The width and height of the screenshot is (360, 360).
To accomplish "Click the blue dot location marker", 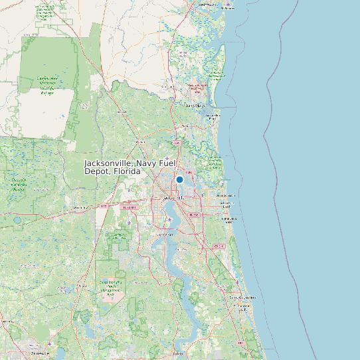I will coord(179,179).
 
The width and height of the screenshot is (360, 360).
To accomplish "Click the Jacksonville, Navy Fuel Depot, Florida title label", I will coord(112,167).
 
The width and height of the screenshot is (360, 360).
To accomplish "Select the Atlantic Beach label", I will coord(226,196).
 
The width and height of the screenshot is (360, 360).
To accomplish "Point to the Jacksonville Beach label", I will coord(229,220).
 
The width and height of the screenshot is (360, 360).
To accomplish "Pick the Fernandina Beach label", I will coord(213,116).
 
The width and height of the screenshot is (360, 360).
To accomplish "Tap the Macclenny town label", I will coord(81,208).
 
